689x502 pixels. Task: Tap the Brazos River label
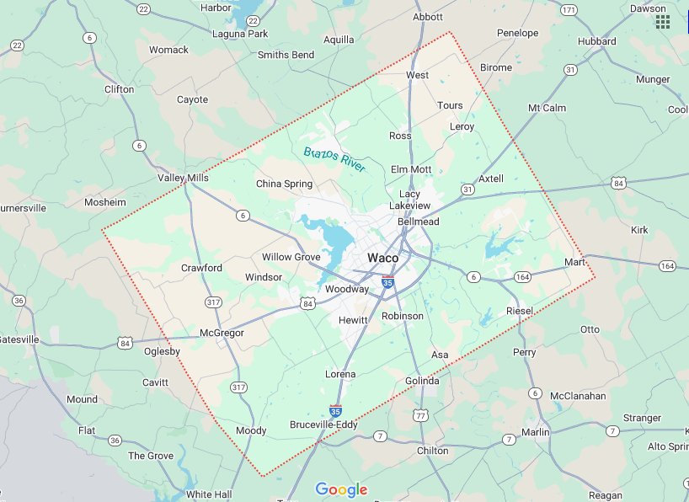[x=335, y=159]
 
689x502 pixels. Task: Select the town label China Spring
[x=284, y=184]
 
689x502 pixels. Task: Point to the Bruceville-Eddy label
[x=323, y=425]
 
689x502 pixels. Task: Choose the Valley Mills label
[x=183, y=179]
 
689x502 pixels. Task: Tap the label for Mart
[x=574, y=263]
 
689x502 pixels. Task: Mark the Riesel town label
[x=520, y=312]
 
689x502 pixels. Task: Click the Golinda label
[x=422, y=381]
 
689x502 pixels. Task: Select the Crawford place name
[x=201, y=268]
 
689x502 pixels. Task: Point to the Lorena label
[x=340, y=374]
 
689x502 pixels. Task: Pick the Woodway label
[x=347, y=289]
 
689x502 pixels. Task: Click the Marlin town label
[x=535, y=432]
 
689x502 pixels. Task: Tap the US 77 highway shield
[x=421, y=414]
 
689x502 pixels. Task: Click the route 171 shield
[x=569, y=9]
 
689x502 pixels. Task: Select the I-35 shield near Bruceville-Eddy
[x=335, y=411]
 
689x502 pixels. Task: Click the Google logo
[x=341, y=489]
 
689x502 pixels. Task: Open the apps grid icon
[x=663, y=22]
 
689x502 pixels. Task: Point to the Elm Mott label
[x=411, y=169]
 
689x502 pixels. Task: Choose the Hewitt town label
[x=353, y=320]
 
